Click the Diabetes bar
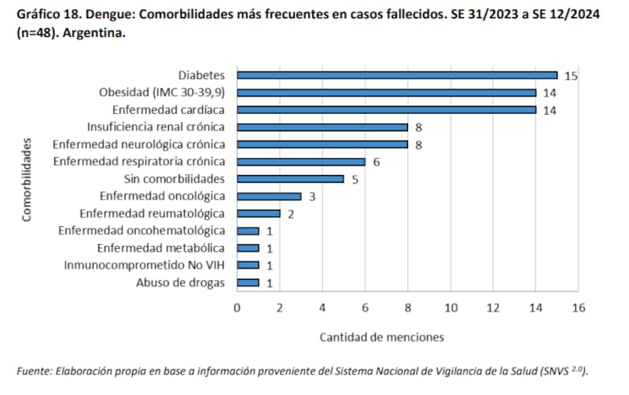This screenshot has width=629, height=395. point(397,75)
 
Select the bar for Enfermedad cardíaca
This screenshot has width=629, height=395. point(386,110)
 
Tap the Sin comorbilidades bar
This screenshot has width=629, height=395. point(290,179)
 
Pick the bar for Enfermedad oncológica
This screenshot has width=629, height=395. point(269,196)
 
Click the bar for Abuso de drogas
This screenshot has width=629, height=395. point(248,283)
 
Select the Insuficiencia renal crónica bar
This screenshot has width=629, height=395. point(322,127)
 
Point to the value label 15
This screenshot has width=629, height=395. point(572,75)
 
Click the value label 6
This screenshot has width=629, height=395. point(377,162)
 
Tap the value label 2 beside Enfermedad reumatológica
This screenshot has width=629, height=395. point(291,214)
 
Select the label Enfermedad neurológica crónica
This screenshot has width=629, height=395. point(138,144)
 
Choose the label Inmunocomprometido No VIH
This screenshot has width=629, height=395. point(145,265)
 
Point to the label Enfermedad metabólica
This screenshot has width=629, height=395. point(161,248)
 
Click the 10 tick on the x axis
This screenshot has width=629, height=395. point(451,308)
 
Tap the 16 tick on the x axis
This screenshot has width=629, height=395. point(579,308)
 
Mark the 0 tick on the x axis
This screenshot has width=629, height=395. point(237,308)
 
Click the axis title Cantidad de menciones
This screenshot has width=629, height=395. point(381,337)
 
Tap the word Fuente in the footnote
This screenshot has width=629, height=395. point(34,371)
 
